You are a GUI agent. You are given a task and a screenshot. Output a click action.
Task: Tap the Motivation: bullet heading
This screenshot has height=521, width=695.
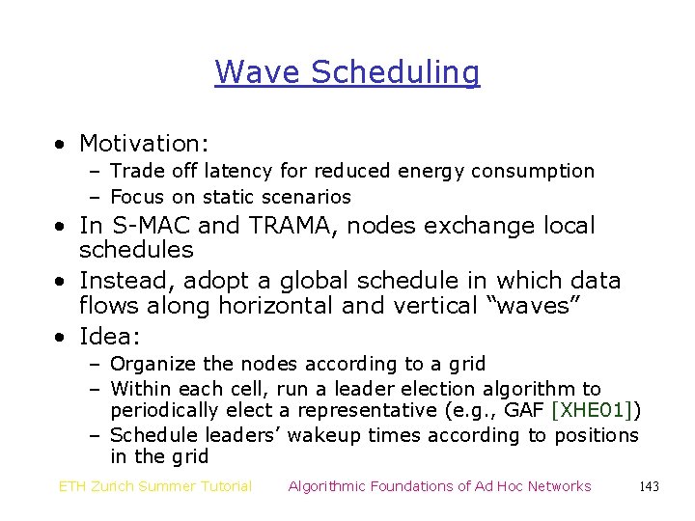(x=144, y=144)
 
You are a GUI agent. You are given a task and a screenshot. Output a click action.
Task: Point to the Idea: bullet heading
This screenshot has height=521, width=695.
(x=110, y=337)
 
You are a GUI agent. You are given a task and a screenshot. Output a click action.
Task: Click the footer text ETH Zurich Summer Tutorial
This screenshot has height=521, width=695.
(x=155, y=486)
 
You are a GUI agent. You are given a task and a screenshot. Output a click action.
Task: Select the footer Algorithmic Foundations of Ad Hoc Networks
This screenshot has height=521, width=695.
(x=439, y=486)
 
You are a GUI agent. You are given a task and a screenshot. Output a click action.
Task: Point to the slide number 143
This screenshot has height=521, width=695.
(x=649, y=486)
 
